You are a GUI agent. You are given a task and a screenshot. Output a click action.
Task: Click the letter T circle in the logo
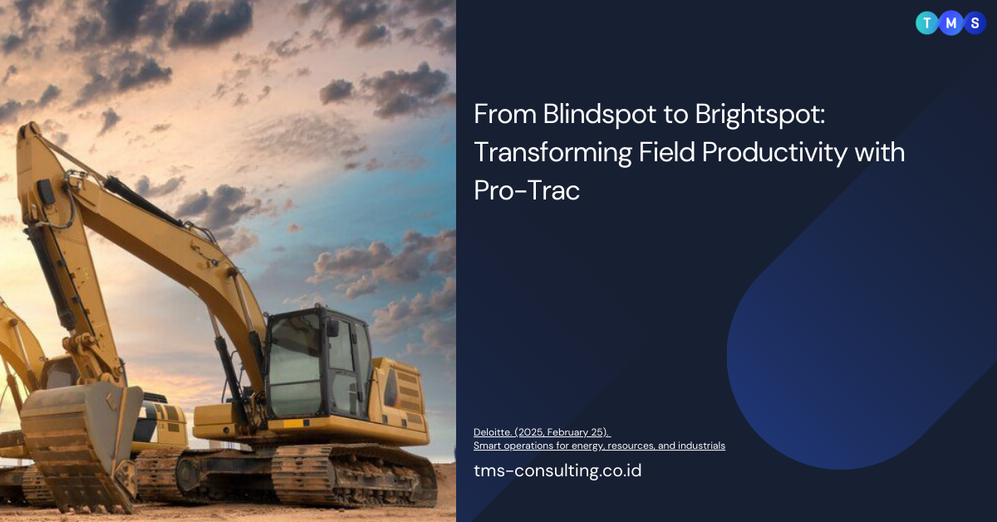(926, 23)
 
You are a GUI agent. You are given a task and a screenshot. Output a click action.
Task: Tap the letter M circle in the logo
(950, 23)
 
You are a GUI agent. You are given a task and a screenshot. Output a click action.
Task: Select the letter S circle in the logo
(975, 23)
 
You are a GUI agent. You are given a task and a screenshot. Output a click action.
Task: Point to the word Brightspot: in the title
(746, 116)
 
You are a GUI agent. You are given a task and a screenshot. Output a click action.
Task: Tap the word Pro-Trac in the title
(527, 190)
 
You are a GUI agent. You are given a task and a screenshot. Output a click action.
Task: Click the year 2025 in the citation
(530, 431)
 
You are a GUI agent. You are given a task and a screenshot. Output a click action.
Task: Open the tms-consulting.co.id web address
(557, 470)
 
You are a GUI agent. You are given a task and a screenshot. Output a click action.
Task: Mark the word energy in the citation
(582, 446)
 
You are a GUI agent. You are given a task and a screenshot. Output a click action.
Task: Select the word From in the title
(497, 116)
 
